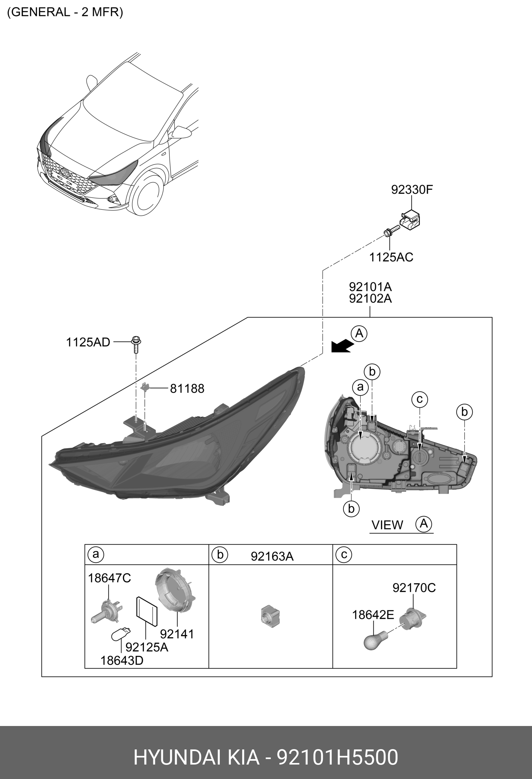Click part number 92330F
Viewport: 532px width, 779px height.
[412, 190]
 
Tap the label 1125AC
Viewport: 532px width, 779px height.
[391, 257]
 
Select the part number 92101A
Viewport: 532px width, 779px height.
[370, 287]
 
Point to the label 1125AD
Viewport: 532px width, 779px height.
[88, 342]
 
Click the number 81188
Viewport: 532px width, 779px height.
[187, 388]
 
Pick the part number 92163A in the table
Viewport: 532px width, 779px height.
[272, 556]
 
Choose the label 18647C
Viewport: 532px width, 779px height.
[109, 578]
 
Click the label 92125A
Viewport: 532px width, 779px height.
[147, 647]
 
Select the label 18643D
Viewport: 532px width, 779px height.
[122, 660]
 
